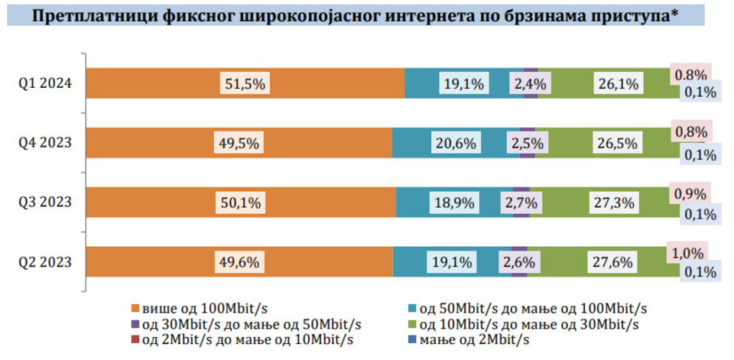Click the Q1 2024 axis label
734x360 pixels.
coord(47,83)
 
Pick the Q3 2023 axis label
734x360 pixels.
coord(47,203)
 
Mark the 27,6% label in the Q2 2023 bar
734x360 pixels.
coord(612,262)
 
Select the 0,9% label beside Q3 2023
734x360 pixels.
coord(690,193)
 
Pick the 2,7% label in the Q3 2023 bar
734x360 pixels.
coord(521,203)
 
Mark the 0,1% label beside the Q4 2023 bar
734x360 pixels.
coord(700,154)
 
